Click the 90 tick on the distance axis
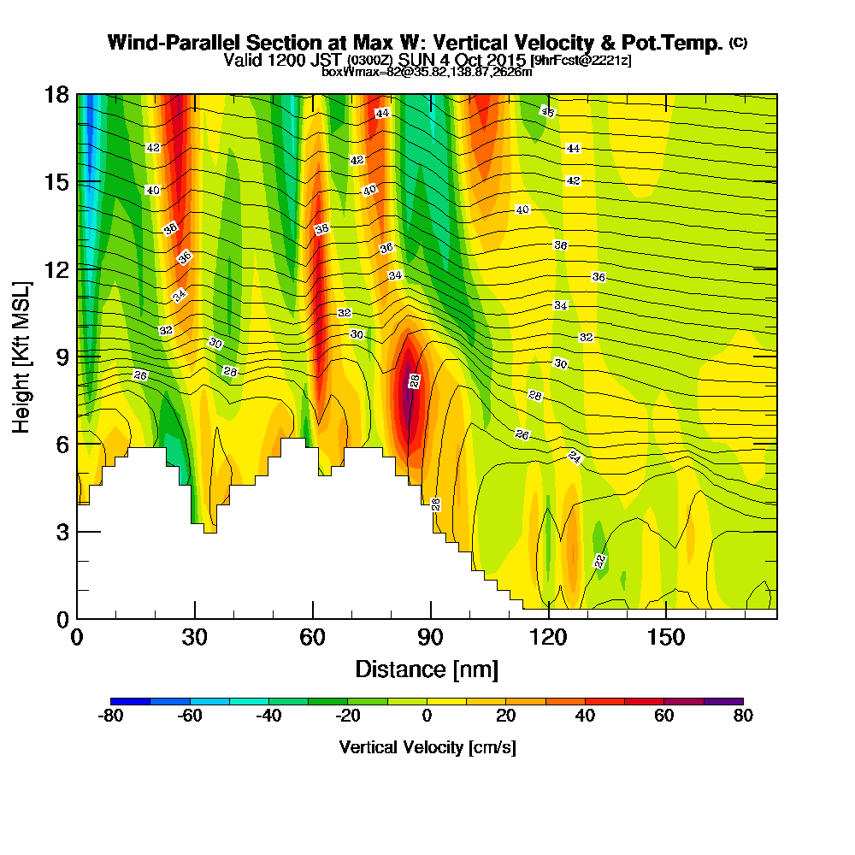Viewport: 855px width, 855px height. pyautogui.click(x=431, y=638)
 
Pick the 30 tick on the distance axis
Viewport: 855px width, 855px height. pyautogui.click(x=195, y=638)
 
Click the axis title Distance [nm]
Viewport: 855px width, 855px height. pyautogui.click(x=427, y=669)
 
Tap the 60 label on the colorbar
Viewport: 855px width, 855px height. pyautogui.click(x=664, y=716)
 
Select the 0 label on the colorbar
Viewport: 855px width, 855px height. pyautogui.click(x=427, y=716)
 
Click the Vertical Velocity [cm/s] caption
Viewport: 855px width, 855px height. pyautogui.click(x=427, y=747)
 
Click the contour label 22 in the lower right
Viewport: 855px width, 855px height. pyautogui.click(x=600, y=561)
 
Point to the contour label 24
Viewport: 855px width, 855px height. pyautogui.click(x=575, y=458)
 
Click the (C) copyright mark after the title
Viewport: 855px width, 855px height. pyautogui.click(x=738, y=43)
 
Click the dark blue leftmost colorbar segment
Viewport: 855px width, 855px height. pyautogui.click(x=131, y=701)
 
